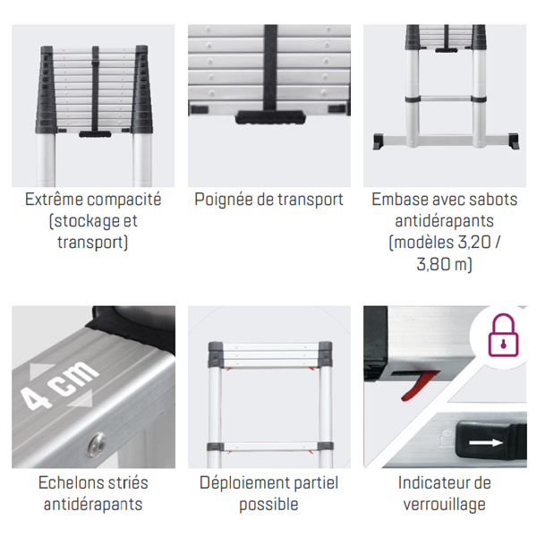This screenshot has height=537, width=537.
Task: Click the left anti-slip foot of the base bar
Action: pyautogui.click(x=379, y=143)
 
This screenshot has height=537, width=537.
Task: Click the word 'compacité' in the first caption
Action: pyautogui.click(x=124, y=199)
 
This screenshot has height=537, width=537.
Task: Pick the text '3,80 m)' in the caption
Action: pyautogui.click(x=446, y=265)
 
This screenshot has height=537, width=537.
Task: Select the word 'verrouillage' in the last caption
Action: pyautogui.click(x=444, y=504)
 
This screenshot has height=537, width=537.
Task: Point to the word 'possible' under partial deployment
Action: pyautogui.click(x=268, y=504)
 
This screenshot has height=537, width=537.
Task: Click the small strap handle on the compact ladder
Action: pyautogui.click(x=94, y=135)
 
